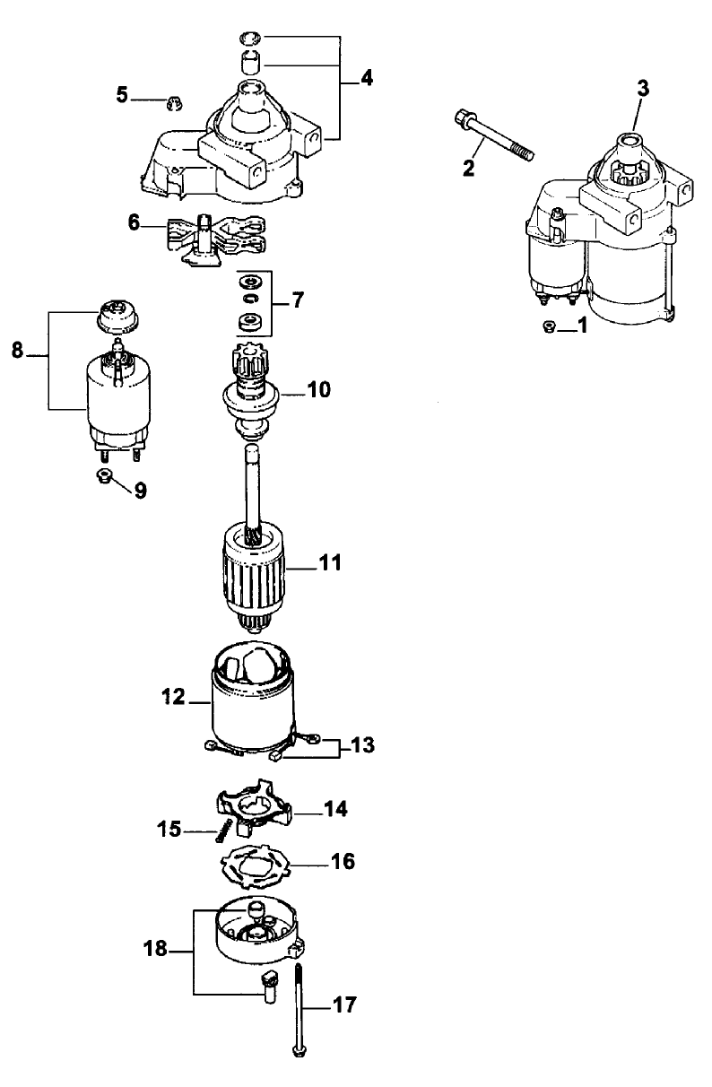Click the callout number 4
365,77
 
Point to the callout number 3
643,88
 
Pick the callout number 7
296,300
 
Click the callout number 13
363,744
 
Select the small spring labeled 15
221,833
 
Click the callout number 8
17,351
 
